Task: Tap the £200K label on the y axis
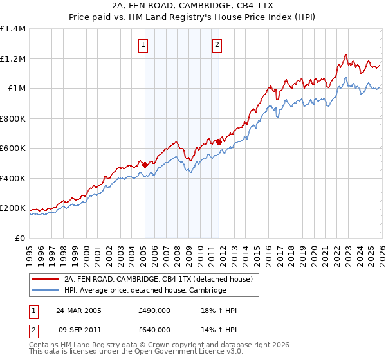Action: point(13,208)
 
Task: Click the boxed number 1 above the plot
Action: point(142,45)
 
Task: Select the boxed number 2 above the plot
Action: point(217,45)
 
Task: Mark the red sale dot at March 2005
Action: point(145,165)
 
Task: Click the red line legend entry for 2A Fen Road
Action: point(161,279)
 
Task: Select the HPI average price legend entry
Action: point(145,290)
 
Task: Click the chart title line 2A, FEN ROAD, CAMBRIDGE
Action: point(193,4)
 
